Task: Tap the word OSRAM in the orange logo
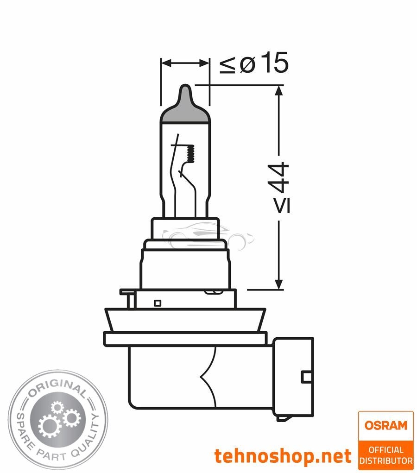pyautogui.click(x=385, y=425)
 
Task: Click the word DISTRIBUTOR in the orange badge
pyautogui.click(x=385, y=460)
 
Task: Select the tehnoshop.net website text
pyautogui.click(x=283, y=456)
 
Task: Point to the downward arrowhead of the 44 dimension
pyautogui.click(x=278, y=284)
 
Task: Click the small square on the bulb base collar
pyautogui.click(x=157, y=303)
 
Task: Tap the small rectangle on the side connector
pyautogui.click(x=306, y=377)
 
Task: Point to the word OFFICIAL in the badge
pyautogui.click(x=385, y=449)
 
